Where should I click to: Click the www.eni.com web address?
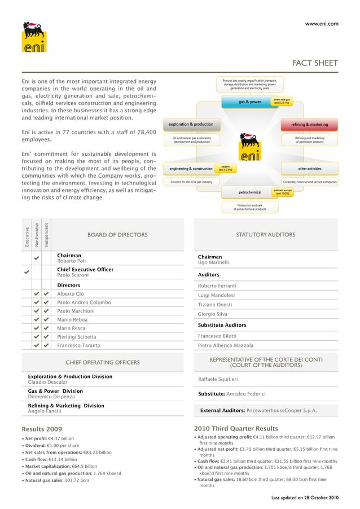[321, 24]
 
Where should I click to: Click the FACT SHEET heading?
[314, 63]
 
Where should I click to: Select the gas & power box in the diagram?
[249, 102]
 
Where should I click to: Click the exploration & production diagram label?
[188, 124]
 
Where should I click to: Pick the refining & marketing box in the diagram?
[309, 124]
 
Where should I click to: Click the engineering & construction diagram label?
[187, 168]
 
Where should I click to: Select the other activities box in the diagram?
[310, 168]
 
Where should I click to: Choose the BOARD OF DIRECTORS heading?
[117, 235]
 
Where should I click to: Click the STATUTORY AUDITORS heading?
[265, 235]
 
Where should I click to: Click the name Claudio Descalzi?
[51, 383]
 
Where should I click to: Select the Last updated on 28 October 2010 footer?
[305, 497]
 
